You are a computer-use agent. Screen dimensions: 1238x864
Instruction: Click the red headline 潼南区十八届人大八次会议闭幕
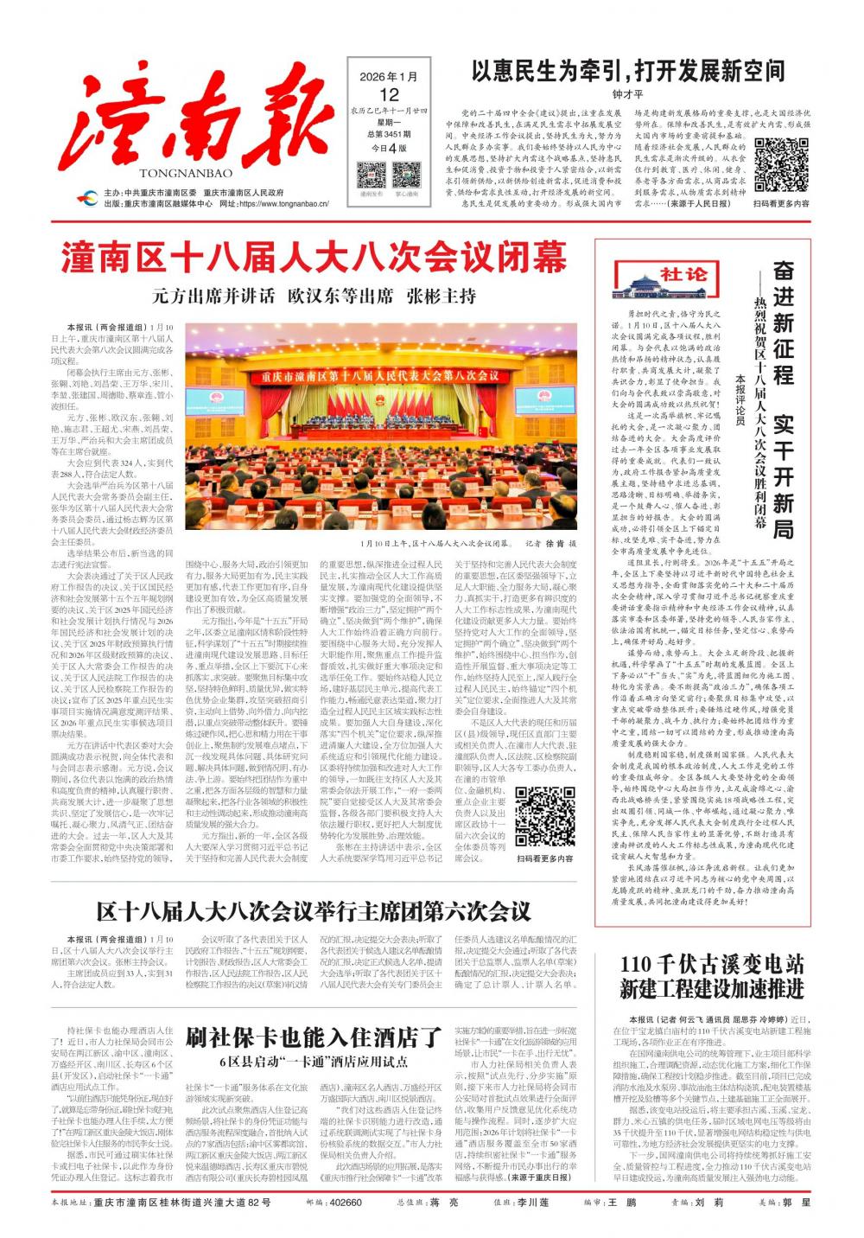point(314,257)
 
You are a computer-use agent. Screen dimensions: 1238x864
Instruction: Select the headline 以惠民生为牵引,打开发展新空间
point(628,71)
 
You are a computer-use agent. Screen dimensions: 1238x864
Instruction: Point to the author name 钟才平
point(628,94)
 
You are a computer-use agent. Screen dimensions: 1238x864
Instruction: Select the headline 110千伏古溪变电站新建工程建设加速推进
point(712,977)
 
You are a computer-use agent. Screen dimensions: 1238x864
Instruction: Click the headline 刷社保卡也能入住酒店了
point(313,1037)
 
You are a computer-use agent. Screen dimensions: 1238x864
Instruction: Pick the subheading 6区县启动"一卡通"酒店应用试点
point(313,1062)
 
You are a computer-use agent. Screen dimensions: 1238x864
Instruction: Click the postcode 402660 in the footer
point(346,1203)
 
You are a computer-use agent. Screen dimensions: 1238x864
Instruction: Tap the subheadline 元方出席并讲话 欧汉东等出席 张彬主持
point(314,297)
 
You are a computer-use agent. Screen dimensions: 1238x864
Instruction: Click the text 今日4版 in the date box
point(389,148)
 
